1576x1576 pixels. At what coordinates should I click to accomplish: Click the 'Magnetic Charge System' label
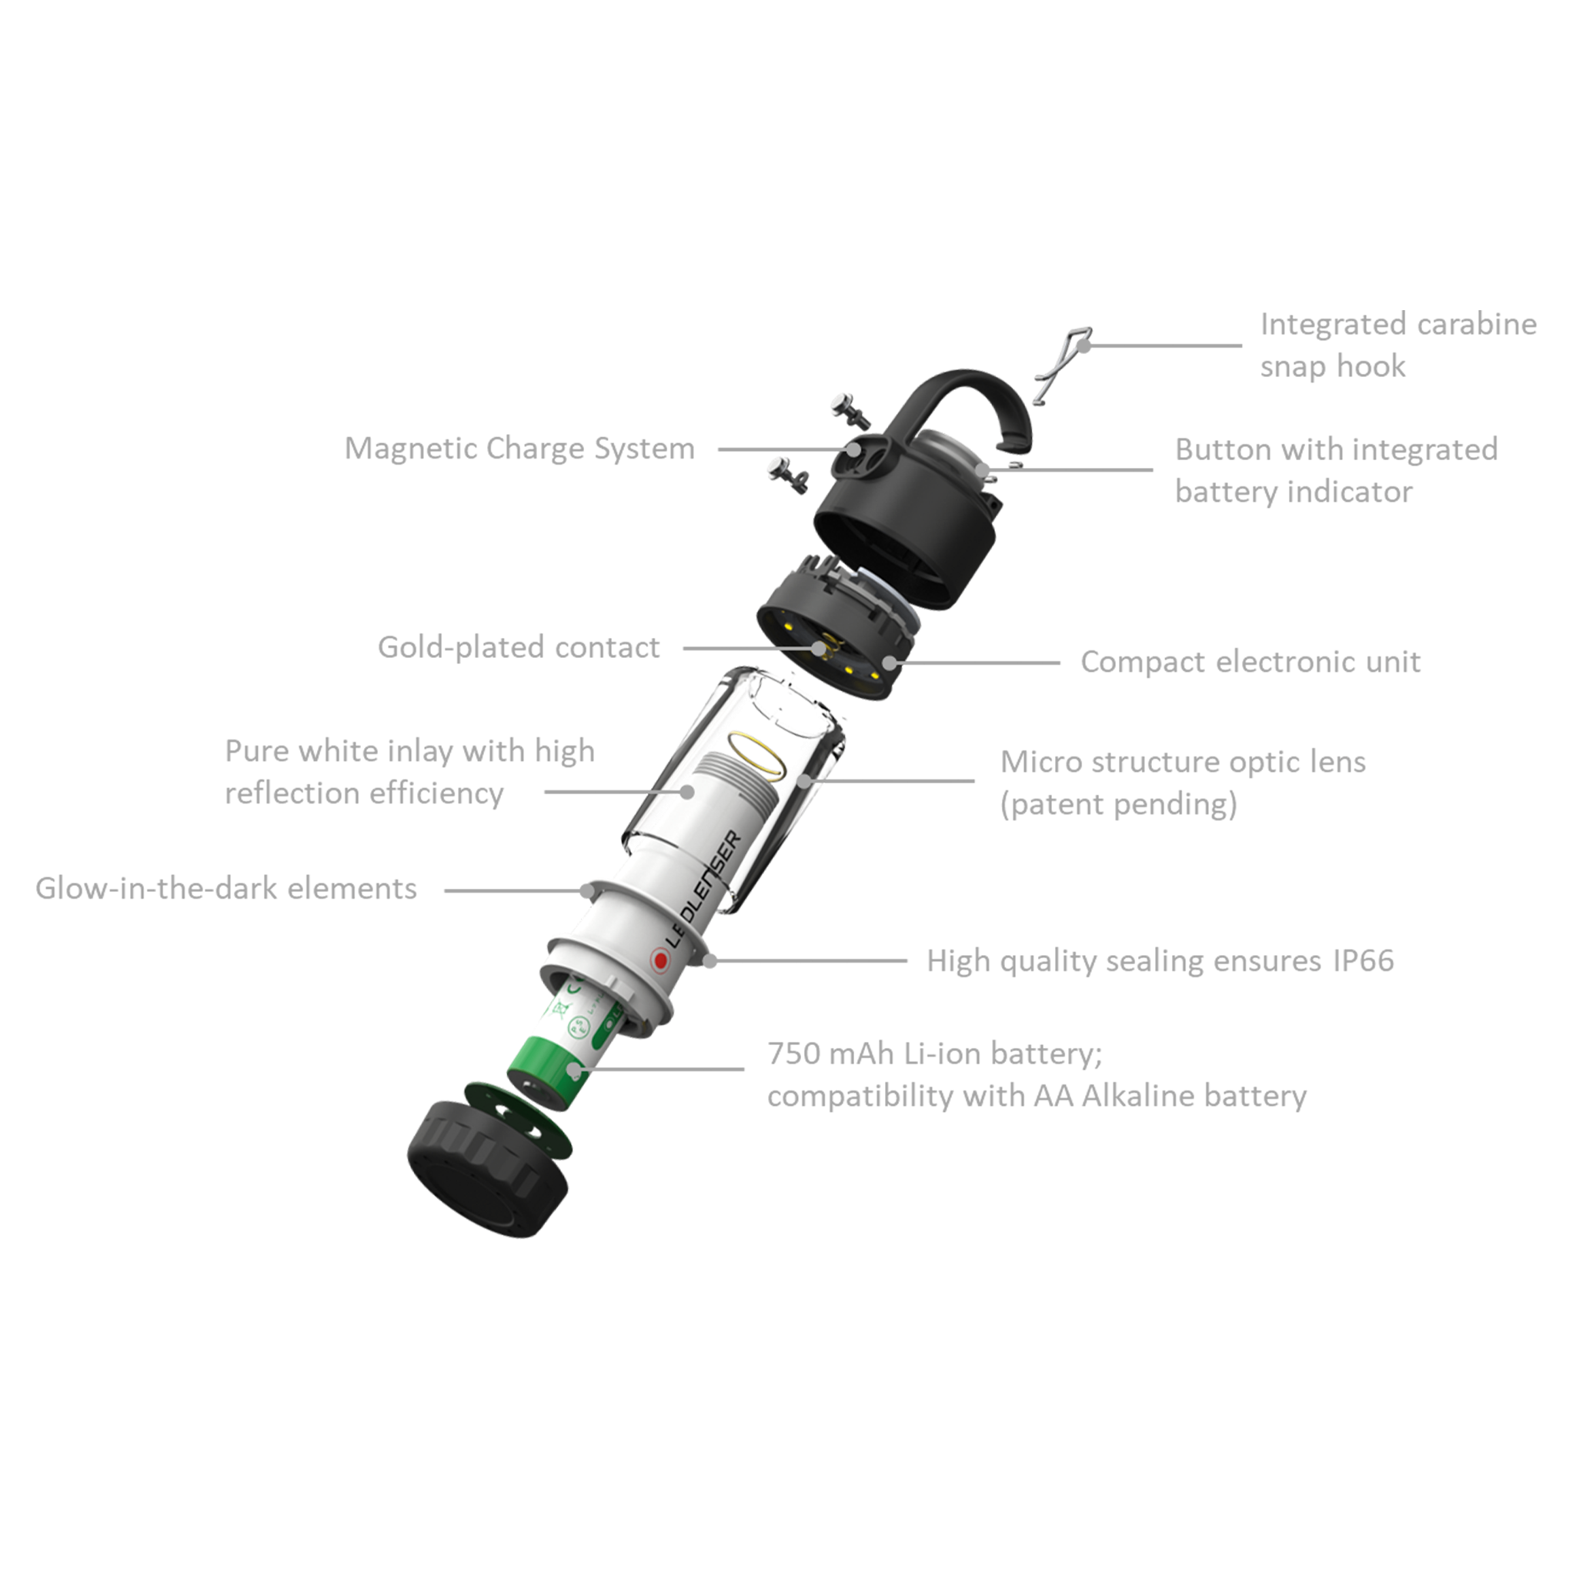pos(519,449)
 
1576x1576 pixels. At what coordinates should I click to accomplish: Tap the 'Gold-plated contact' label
pos(519,648)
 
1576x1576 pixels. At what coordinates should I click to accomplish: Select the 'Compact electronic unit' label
pos(1250,662)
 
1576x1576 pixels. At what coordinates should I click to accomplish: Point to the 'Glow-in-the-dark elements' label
pos(226,888)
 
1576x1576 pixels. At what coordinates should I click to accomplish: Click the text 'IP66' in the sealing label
pos(1364,961)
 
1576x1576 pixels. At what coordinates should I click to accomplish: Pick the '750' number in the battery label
pos(791,1054)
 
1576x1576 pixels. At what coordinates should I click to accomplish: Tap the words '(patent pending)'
pos(1118,805)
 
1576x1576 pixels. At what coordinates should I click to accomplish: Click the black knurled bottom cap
pos(486,1170)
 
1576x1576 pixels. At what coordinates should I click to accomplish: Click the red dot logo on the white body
pos(660,960)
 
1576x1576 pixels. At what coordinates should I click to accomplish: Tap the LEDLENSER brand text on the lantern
pos(703,891)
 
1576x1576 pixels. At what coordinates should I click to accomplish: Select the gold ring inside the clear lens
pos(757,756)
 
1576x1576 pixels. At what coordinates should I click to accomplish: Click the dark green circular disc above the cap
pos(518,1120)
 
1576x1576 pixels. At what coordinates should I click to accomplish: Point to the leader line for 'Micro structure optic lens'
pos(891,780)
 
